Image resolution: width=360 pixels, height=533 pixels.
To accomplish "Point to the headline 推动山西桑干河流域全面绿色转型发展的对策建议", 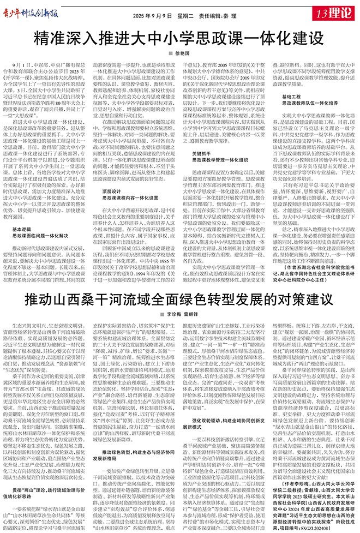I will click(x=177, y=300).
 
